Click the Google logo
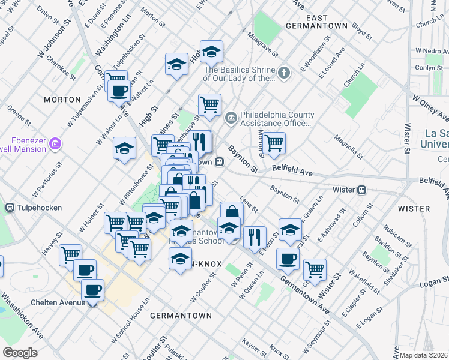20,353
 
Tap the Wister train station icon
362,190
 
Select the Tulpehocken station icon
10,208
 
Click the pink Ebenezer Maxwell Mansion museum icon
56,143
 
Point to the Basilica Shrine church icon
284,74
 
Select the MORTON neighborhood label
62,99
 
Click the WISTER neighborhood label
414,209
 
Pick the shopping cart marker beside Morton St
274,143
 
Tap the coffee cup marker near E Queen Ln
288,259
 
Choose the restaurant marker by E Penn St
255,236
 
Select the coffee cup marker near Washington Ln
119,91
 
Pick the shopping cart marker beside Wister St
315,268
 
